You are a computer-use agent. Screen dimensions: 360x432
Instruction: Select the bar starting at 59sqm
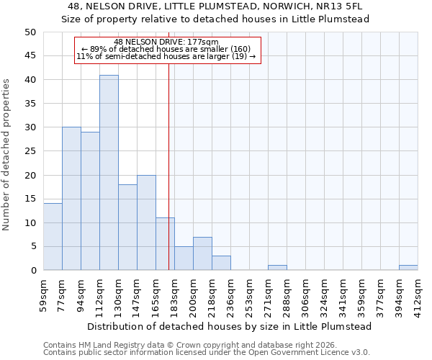point(53,237)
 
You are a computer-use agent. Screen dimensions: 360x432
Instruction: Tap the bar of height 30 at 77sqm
point(71,199)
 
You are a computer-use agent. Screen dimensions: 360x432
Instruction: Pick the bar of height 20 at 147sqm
point(146,222)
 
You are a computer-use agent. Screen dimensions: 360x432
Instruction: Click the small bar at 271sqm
point(277,268)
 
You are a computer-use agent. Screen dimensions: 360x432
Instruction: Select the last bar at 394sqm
point(408,268)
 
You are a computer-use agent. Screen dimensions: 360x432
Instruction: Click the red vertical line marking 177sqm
point(168,180)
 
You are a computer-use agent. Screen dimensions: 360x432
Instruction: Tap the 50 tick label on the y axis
point(30,32)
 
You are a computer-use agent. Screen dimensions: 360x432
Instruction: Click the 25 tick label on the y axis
point(30,151)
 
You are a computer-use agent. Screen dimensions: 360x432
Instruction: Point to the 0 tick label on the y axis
point(33,271)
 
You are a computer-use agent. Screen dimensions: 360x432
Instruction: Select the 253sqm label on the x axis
point(249,294)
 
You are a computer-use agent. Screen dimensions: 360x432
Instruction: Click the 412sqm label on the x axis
point(418,294)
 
